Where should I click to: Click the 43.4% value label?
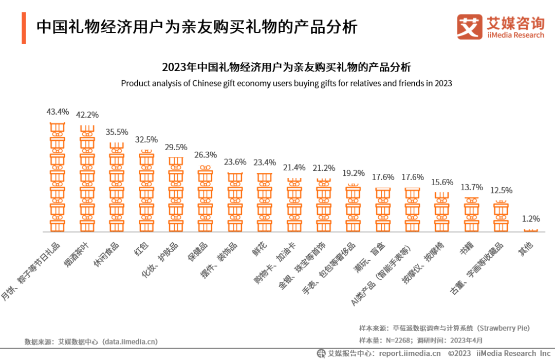point(58,112)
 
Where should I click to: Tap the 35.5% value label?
point(117,132)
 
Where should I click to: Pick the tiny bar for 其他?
point(531,230)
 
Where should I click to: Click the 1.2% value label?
point(531,219)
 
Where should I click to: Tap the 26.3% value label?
point(206,155)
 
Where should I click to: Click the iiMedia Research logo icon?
point(470,26)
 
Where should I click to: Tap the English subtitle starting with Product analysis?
point(286,83)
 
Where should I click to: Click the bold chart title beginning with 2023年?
point(286,67)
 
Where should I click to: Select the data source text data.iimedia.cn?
point(91,341)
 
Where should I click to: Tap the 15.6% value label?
point(442,182)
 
